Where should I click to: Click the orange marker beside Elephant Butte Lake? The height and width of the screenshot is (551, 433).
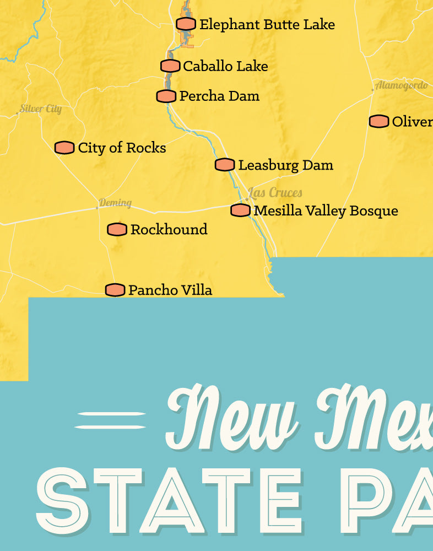(x=186, y=24)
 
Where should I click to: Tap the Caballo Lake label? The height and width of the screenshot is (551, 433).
(x=225, y=66)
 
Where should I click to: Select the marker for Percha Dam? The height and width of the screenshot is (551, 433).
(x=166, y=96)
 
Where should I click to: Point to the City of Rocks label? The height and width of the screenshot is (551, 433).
(x=122, y=148)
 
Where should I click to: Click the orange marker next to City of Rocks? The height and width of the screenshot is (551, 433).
(x=64, y=148)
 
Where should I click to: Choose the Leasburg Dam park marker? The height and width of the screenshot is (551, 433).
(x=224, y=165)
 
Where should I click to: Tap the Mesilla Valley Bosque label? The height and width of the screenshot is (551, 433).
(x=326, y=210)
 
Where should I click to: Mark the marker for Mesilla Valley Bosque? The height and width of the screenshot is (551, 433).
(x=240, y=210)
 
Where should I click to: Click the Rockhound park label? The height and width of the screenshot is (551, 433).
(x=169, y=229)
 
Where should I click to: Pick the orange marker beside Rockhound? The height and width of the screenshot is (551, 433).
(x=117, y=229)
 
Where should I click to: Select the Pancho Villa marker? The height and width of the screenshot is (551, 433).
(x=115, y=290)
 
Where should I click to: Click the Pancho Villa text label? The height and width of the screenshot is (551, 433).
(x=170, y=290)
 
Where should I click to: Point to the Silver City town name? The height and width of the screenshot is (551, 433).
(x=41, y=109)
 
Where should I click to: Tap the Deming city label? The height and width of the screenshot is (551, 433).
(x=115, y=203)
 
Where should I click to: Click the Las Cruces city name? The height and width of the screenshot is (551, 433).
(x=275, y=193)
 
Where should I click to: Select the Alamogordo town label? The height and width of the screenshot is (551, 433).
(x=401, y=85)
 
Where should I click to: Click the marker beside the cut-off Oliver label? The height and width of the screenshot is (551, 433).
(x=378, y=122)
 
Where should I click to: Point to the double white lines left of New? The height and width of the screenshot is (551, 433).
(x=110, y=420)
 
